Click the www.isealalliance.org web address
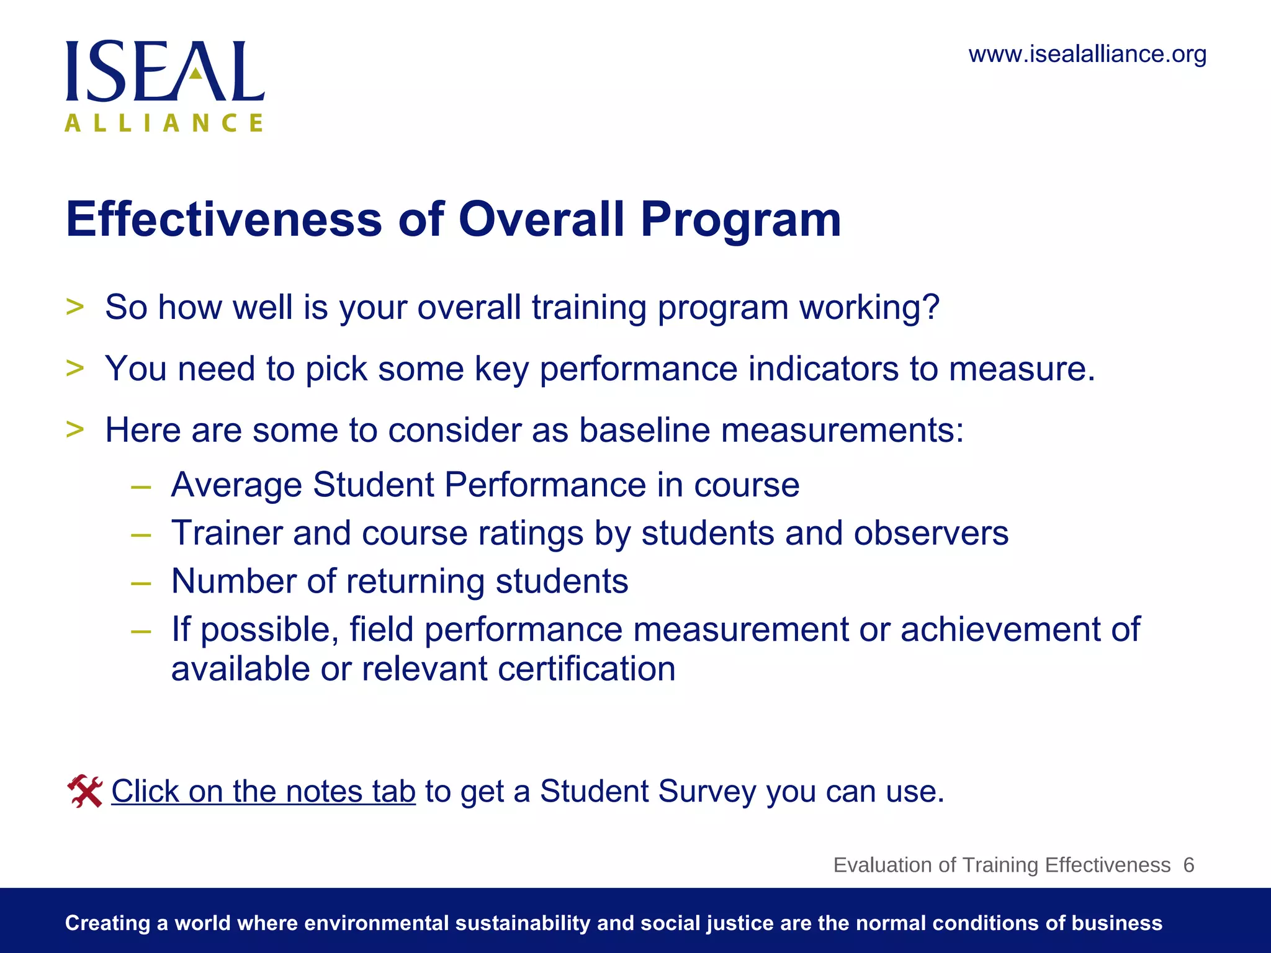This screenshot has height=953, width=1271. (x=1087, y=55)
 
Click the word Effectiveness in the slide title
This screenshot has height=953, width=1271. (x=223, y=220)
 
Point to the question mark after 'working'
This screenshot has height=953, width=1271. (x=930, y=307)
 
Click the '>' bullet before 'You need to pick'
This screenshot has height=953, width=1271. (x=74, y=368)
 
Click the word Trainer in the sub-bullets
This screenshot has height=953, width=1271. (x=227, y=533)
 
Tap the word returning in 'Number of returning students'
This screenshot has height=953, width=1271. (x=415, y=581)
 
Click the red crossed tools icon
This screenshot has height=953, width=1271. (x=85, y=792)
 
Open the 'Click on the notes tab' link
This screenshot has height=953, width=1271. (x=263, y=792)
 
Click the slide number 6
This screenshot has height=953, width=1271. (x=1188, y=865)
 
